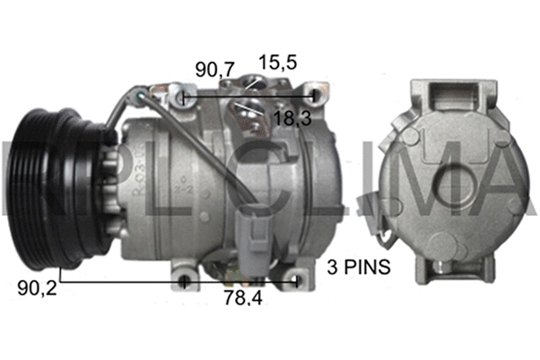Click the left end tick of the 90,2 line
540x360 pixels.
59,281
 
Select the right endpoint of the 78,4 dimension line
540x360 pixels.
297,282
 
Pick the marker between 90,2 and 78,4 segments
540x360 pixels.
184,282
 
